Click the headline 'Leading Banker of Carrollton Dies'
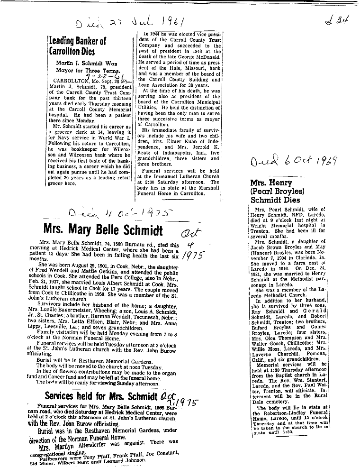[78, 46]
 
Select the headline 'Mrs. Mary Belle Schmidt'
[103, 231]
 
